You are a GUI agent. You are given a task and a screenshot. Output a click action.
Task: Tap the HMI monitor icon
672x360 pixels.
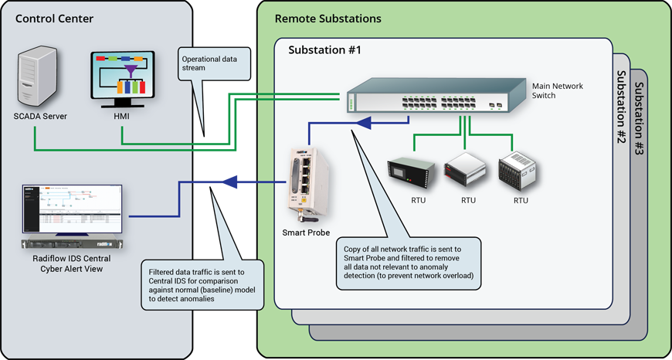[x=122, y=80]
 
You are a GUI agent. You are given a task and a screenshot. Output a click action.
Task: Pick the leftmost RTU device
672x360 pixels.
[x=410, y=172]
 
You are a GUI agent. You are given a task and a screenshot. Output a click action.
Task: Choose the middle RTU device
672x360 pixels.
[x=467, y=172]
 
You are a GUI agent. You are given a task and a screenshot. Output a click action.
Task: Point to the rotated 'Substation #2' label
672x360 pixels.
[x=620, y=107]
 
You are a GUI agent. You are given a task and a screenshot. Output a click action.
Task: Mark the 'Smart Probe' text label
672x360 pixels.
[x=306, y=232]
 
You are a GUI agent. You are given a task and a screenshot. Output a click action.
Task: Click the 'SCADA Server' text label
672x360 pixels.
[x=41, y=117]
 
